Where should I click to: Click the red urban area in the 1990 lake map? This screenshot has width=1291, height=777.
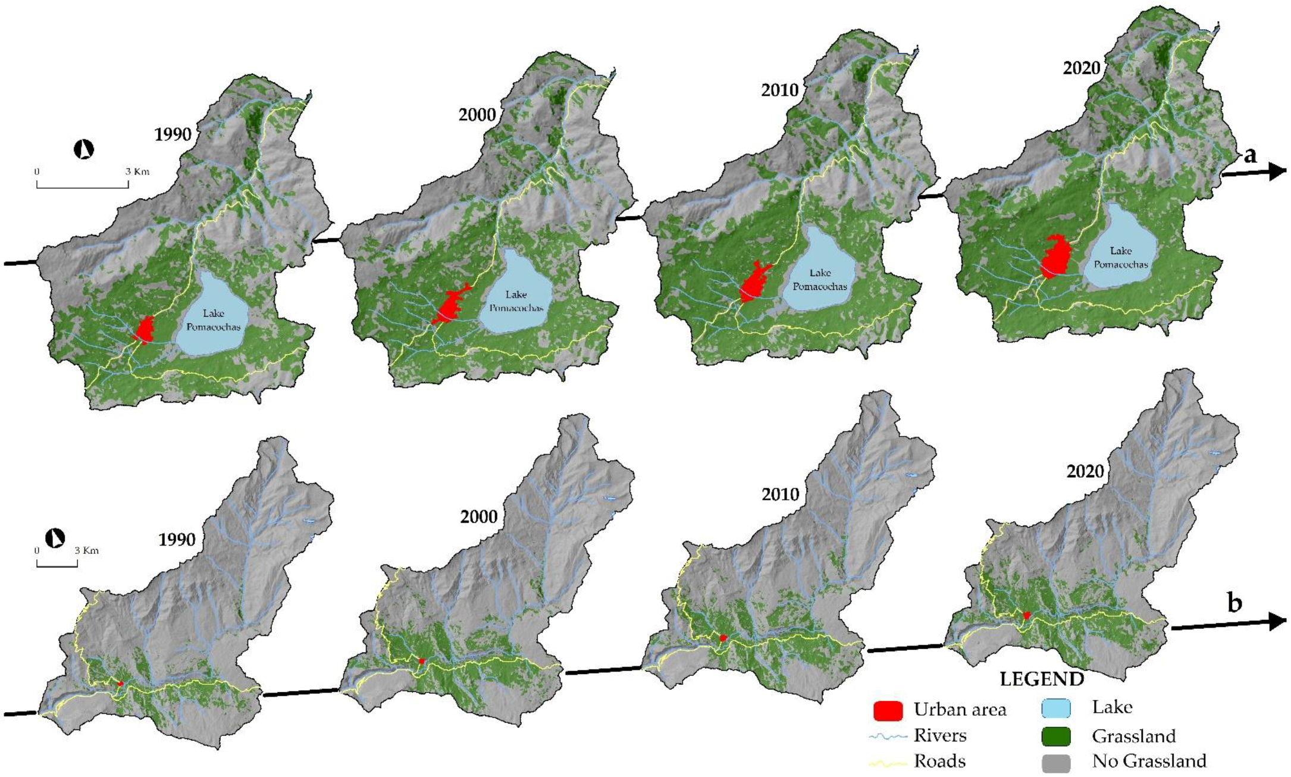(x=144, y=330)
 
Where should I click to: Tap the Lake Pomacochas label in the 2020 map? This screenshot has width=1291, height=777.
(x=1121, y=258)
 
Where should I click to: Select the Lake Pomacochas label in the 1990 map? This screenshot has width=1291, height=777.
(x=213, y=320)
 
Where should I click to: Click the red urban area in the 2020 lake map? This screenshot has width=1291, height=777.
(x=1056, y=258)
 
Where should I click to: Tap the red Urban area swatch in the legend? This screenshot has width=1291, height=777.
(x=888, y=710)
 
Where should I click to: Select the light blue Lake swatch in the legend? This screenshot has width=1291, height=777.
(x=1056, y=708)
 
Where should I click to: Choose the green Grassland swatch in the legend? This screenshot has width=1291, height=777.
(x=1056, y=737)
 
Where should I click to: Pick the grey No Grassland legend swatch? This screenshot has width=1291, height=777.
(x=1056, y=762)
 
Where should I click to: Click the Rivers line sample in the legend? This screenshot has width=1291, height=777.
(x=888, y=737)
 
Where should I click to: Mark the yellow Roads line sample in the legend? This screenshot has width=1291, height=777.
(x=888, y=762)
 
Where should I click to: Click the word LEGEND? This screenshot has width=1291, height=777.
(x=1042, y=679)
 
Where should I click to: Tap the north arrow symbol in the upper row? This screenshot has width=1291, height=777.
(x=84, y=149)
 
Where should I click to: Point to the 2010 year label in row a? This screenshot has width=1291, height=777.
(x=779, y=90)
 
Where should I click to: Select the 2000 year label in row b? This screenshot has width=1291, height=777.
(x=478, y=516)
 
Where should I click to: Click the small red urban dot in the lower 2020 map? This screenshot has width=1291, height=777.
(x=1027, y=615)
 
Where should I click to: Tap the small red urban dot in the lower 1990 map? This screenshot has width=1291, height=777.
(x=120, y=684)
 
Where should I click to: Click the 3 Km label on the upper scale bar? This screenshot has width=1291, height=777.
(x=137, y=172)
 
